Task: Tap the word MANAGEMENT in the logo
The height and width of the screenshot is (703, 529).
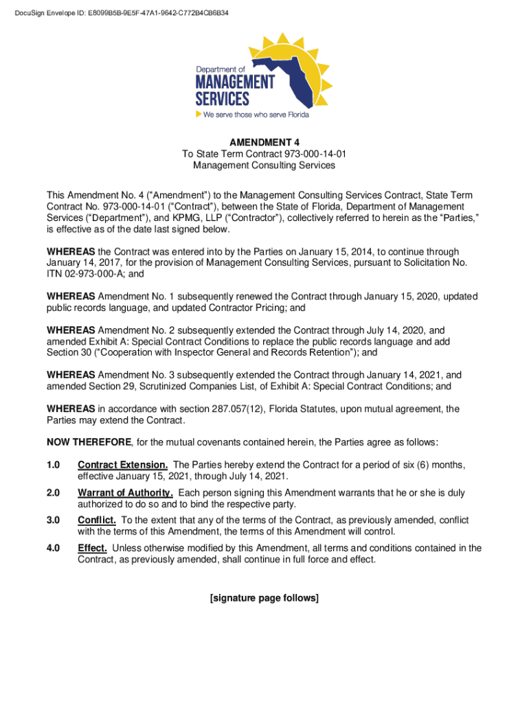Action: click(x=235, y=82)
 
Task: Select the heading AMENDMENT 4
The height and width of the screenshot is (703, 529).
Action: click(x=264, y=143)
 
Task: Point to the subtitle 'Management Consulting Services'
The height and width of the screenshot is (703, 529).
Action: click(x=264, y=165)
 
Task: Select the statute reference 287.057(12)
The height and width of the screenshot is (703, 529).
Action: click(x=232, y=409)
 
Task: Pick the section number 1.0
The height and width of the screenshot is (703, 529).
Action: click(x=54, y=465)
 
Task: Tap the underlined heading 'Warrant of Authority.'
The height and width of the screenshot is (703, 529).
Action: click(x=125, y=493)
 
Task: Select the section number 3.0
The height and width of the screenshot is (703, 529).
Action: click(x=54, y=520)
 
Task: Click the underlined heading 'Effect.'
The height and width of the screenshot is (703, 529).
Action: click(x=92, y=548)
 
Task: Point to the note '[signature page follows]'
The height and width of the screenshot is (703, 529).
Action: click(x=264, y=598)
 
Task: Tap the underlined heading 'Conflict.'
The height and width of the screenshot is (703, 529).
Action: click(x=97, y=520)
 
